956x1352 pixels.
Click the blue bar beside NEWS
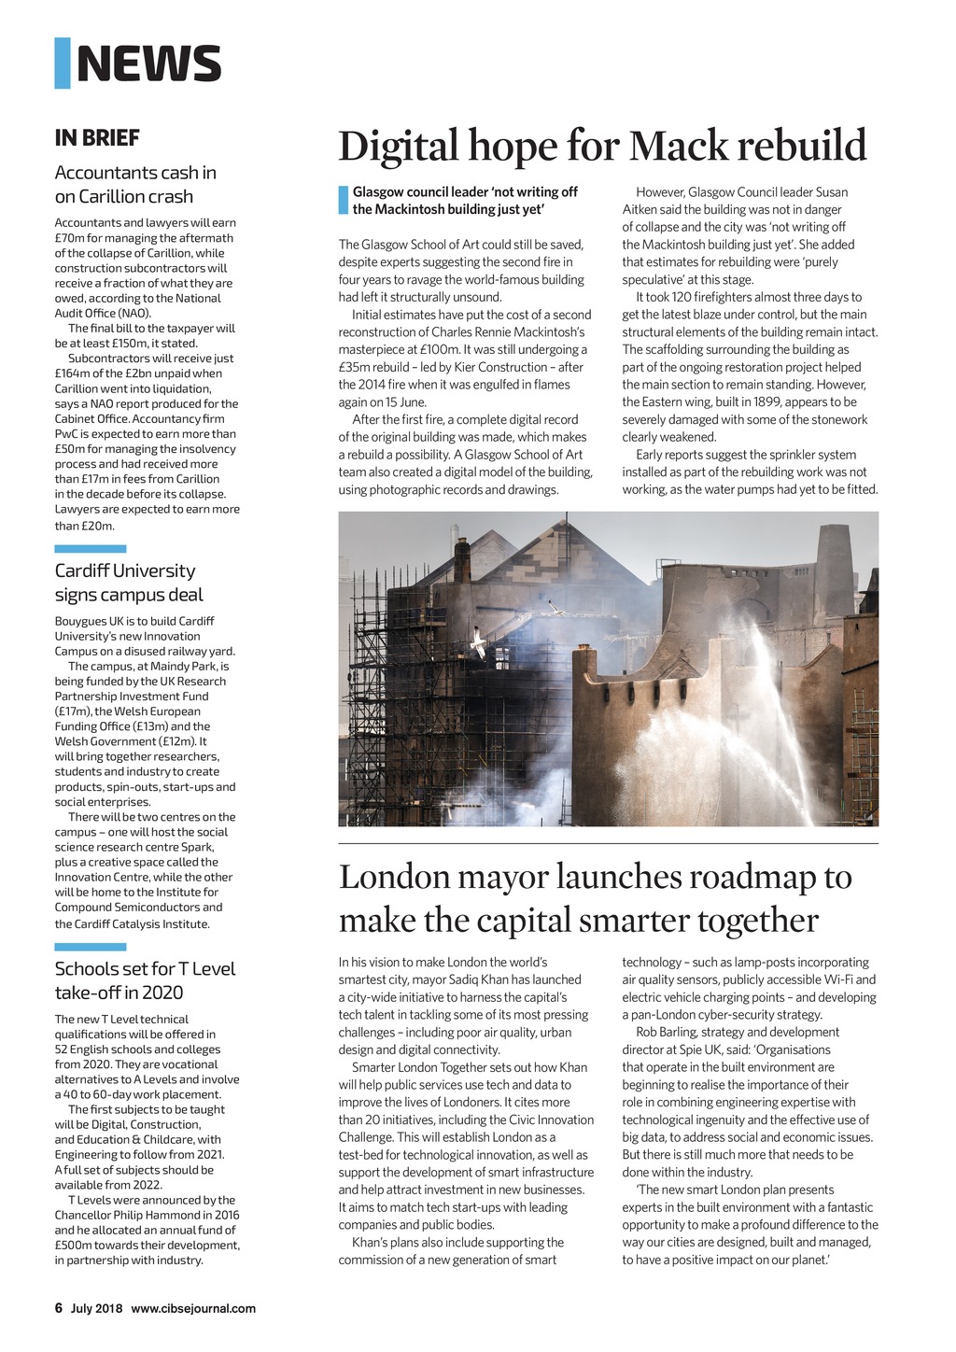[x=63, y=63]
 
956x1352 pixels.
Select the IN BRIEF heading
[x=97, y=138]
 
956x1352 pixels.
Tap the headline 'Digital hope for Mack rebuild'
[x=602, y=147]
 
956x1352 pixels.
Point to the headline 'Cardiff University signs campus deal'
[x=128, y=583]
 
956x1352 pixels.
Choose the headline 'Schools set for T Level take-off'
[x=145, y=980]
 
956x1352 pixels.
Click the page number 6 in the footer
[x=59, y=1308]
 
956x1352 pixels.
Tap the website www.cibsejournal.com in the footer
[x=193, y=1308]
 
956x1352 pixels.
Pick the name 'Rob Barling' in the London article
[x=665, y=1032]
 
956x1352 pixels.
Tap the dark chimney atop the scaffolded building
[x=461, y=560]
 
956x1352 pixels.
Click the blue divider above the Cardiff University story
[x=90, y=549]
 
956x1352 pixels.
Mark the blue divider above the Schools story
[x=90, y=947]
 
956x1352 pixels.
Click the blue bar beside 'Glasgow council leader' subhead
[x=343, y=201]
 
